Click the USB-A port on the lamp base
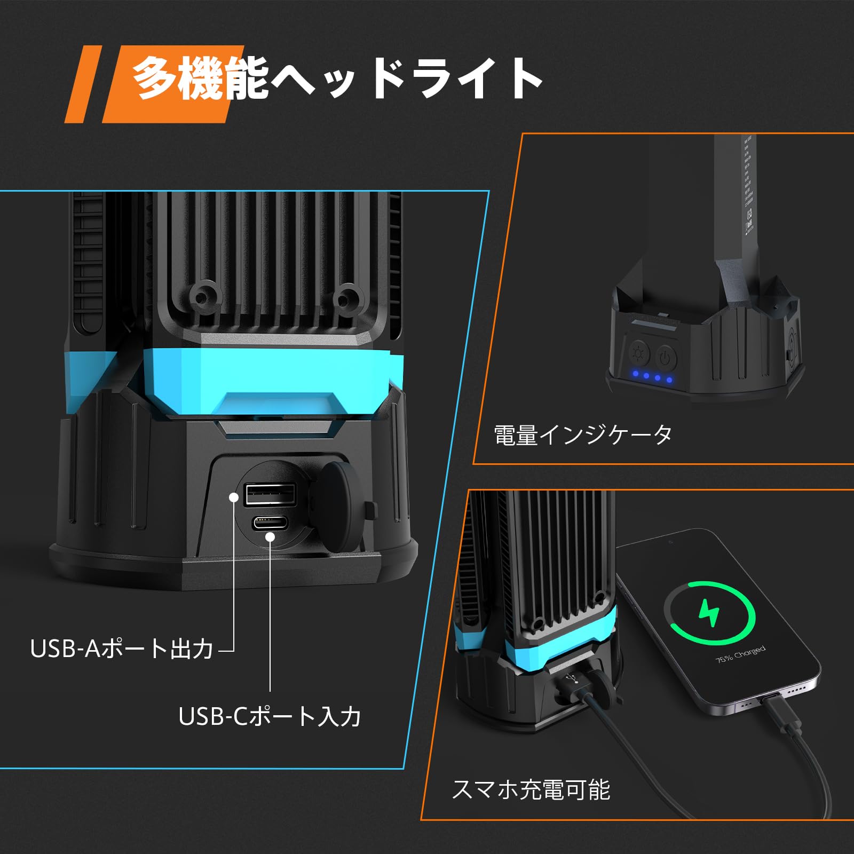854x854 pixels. (x=270, y=494)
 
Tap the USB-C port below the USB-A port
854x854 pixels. (x=270, y=521)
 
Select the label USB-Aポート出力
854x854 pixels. (x=122, y=649)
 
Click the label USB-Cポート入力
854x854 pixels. (x=270, y=716)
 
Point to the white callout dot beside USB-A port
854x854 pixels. (x=233, y=497)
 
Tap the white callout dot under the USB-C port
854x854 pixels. (x=270, y=536)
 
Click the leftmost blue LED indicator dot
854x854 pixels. (x=635, y=374)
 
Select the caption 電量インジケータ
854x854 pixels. (x=583, y=435)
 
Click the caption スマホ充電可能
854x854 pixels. (x=531, y=789)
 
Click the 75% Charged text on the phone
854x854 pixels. (x=740, y=654)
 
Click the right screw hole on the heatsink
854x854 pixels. (x=348, y=295)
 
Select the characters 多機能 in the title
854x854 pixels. (x=200, y=79)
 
